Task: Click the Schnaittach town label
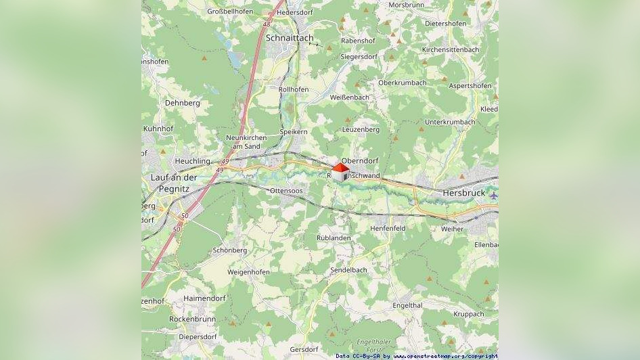tap(290, 39)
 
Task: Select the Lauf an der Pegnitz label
tap(169, 183)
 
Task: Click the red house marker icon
tap(340, 171)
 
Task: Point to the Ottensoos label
tap(286, 192)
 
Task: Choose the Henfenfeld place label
tap(388, 229)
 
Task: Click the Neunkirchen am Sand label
tap(246, 142)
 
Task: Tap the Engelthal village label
tap(407, 306)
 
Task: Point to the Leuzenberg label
tap(361, 129)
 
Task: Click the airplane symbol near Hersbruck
tap(493, 196)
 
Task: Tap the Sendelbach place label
tap(348, 270)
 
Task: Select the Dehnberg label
tap(183, 103)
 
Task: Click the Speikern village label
tap(294, 132)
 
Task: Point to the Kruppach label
tap(468, 314)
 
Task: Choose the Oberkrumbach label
tap(403, 83)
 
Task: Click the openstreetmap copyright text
tap(417, 356)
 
